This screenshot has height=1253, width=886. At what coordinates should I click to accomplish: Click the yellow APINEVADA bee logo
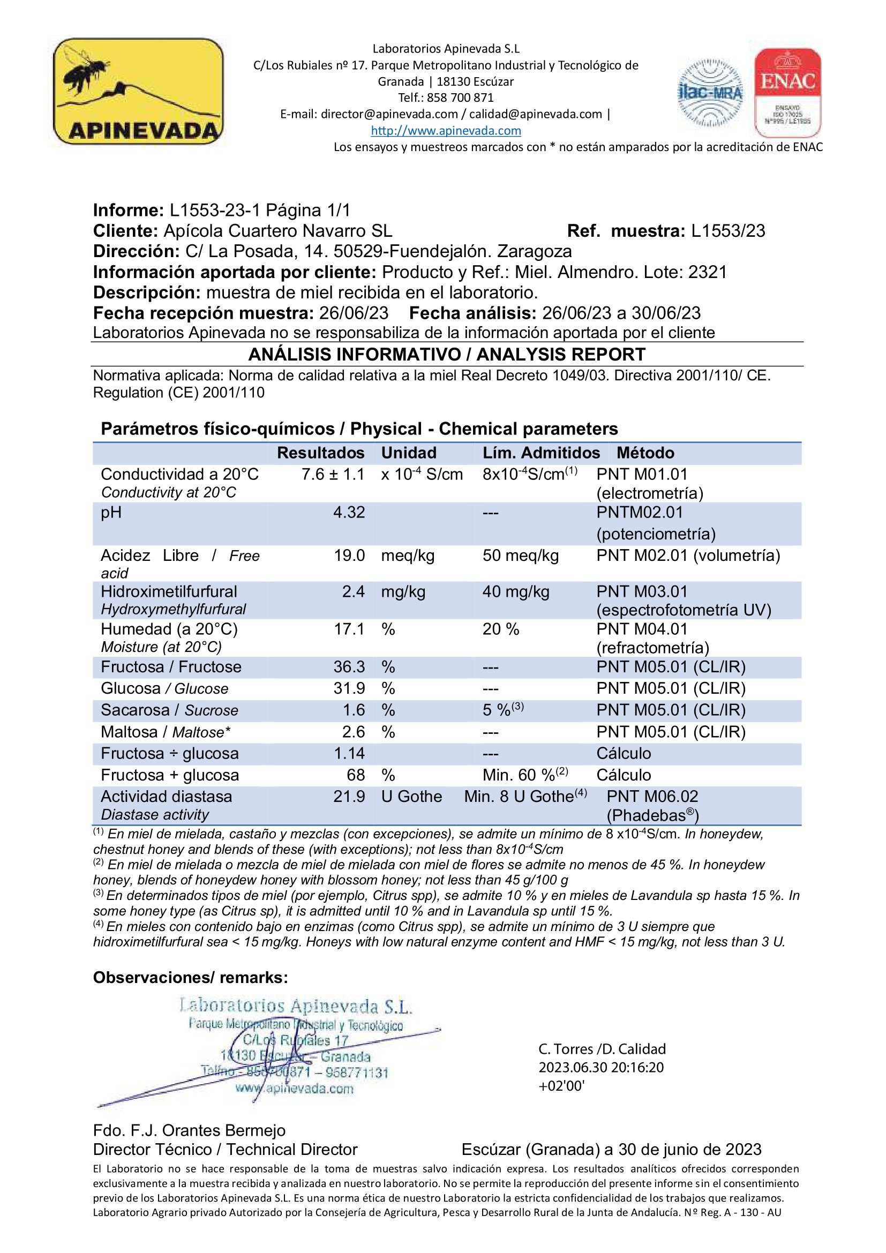[138, 91]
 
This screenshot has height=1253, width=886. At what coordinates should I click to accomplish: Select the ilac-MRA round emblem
[710, 93]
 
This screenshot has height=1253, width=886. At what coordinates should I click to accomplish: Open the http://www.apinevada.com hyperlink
[446, 130]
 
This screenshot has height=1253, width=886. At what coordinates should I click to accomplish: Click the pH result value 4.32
[349, 513]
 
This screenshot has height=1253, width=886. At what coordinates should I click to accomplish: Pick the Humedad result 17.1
[349, 629]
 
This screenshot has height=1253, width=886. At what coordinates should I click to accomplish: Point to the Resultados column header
[320, 453]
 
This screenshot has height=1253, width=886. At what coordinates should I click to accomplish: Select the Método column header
[645, 453]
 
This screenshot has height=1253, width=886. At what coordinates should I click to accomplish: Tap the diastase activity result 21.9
[349, 796]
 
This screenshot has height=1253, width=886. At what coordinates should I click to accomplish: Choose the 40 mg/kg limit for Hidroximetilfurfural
[515, 591]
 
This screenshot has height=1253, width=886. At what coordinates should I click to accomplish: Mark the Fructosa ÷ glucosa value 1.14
[349, 754]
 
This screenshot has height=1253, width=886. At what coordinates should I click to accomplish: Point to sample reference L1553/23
[728, 231]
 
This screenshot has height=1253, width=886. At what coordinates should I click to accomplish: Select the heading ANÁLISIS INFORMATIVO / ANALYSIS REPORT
[446, 355]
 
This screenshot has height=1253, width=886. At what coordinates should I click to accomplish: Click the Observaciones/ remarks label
[190, 978]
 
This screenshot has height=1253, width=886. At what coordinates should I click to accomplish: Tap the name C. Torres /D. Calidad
[602, 1049]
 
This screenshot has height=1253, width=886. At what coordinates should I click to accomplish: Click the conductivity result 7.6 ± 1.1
[333, 474]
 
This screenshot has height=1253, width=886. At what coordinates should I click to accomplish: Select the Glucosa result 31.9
[349, 689]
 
